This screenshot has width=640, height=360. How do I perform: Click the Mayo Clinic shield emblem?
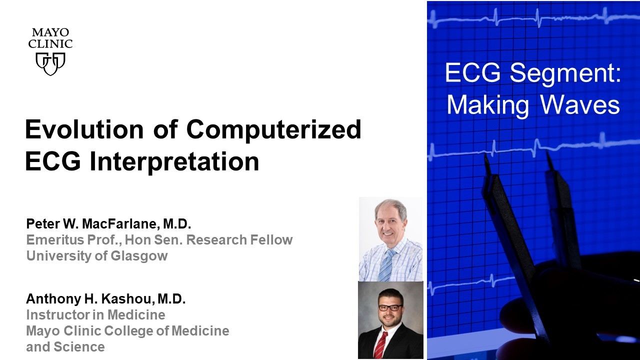pos(50,63)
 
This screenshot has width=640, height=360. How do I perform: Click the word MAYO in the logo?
pos(50,32)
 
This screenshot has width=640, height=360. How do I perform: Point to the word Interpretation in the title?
pos(174,162)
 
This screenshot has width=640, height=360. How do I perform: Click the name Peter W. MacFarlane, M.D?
pos(108,223)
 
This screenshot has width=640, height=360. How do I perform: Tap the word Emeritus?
pos(55,239)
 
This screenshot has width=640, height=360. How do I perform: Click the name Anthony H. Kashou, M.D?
pos(106,299)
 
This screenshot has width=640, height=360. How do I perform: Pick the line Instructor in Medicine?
pos(95,315)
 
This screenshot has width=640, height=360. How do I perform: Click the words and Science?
pos(65,347)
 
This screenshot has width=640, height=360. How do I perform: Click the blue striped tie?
pos(386,265)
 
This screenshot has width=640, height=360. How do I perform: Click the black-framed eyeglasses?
pos(390,307)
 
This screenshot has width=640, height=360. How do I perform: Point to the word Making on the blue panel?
pos(488,106)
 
